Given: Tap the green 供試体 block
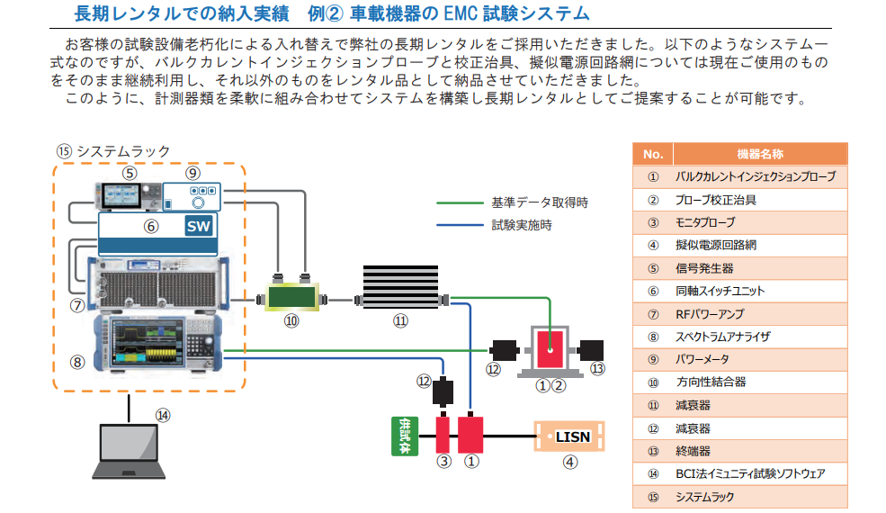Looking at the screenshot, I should point(405,435).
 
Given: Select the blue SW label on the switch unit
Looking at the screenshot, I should point(198,226).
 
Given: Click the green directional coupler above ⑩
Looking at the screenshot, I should point(291,297).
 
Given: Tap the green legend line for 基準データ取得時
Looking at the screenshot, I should point(459,202).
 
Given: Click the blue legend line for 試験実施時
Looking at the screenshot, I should point(459,225).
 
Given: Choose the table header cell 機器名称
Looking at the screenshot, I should point(759,154).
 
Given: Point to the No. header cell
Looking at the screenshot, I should point(653,154).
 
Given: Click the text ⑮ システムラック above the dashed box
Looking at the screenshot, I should point(112,150).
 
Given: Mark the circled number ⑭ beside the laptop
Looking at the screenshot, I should point(162,415).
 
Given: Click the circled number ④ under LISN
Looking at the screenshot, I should point(569,463).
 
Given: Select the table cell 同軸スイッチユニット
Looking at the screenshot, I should point(720,291).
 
